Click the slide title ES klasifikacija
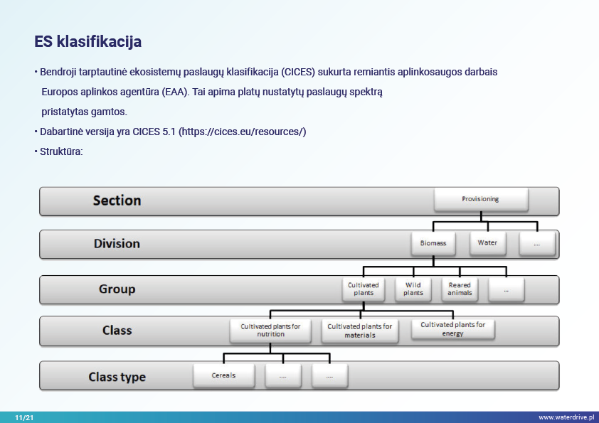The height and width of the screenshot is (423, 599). (x=88, y=41)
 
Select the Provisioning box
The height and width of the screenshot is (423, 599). (x=480, y=200)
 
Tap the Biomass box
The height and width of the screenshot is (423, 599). (x=433, y=243)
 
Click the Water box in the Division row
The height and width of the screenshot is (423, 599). (x=487, y=243)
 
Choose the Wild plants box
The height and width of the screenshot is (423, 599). (x=413, y=289)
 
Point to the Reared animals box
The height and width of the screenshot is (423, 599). (x=460, y=289)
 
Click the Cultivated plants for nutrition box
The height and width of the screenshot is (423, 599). (x=270, y=330)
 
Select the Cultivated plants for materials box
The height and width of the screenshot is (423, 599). (x=359, y=331)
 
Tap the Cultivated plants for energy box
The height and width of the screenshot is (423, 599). (x=452, y=328)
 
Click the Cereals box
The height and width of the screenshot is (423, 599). (x=223, y=375)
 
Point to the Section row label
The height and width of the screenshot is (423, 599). (x=117, y=200)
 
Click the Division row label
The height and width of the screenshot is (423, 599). (x=117, y=244)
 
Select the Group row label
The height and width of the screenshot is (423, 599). (x=117, y=289)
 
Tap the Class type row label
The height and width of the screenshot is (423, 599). (x=117, y=377)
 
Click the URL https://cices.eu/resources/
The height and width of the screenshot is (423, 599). (x=242, y=132)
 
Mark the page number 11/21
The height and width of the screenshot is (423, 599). (x=23, y=417)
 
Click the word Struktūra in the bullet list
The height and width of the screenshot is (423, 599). (x=62, y=151)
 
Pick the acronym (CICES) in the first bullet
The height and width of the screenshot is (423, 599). (x=299, y=73)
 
